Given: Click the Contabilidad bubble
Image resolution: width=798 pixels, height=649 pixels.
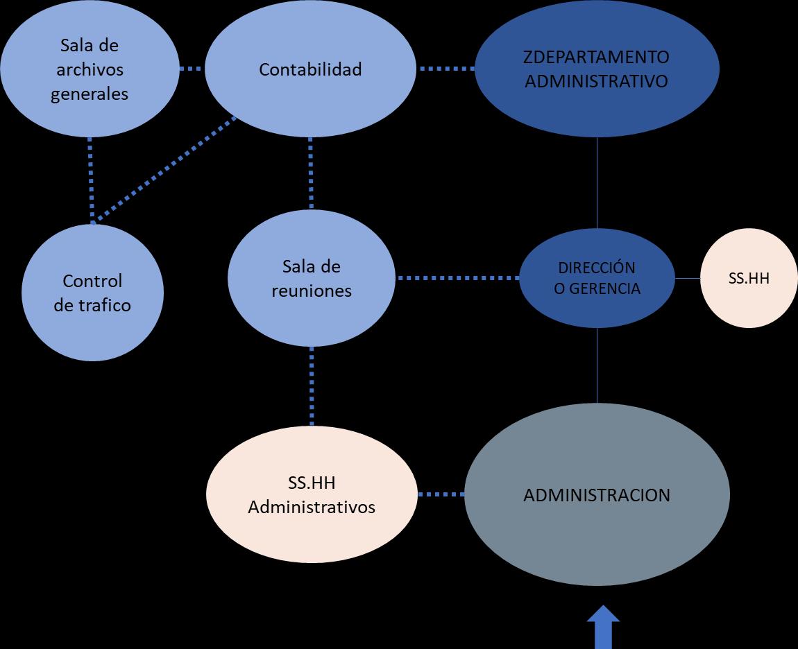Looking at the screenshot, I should tap(310, 69).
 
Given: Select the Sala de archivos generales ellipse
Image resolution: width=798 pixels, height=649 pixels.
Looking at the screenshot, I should tap(90, 69).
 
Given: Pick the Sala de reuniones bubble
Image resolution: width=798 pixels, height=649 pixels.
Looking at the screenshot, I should tap(311, 277).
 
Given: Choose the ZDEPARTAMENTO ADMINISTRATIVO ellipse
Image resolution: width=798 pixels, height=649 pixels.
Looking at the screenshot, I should tap(596, 69).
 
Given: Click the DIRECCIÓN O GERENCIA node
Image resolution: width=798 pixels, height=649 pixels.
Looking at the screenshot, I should tap(597, 278).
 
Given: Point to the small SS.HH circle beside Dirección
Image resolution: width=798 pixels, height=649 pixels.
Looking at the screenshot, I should tap(749, 278).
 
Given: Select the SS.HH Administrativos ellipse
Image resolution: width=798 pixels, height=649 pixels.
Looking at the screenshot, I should tap(312, 494).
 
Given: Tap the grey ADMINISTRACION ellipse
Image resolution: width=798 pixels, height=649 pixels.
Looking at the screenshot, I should tap(597, 494).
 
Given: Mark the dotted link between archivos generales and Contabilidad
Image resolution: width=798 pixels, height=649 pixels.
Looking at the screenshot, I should tap(191, 69).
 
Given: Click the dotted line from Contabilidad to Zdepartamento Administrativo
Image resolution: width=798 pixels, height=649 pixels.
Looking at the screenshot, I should tap(445, 69).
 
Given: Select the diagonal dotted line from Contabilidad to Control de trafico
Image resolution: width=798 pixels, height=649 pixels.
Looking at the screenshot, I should tap(165, 170).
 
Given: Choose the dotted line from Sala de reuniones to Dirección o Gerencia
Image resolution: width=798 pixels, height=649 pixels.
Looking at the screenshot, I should tap(458, 278).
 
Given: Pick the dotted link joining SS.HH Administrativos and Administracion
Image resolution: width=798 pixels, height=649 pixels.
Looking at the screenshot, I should tap(441, 494).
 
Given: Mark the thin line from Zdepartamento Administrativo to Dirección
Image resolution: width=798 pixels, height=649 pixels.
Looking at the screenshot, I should tap(597, 183).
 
